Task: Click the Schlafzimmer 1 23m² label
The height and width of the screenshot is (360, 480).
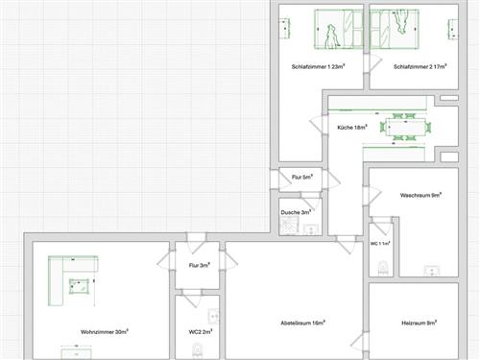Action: coord(318,66)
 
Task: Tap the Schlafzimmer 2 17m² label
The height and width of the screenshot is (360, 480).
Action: coord(420,66)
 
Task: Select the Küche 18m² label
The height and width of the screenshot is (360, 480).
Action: coord(352,127)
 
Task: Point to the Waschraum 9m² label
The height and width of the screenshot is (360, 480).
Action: coord(420,195)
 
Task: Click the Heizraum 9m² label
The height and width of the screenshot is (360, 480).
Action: coord(420,323)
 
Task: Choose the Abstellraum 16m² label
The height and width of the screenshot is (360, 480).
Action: coord(303,323)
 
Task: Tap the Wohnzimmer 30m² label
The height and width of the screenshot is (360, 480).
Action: coord(105,332)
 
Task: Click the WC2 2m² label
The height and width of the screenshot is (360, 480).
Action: coord(201,332)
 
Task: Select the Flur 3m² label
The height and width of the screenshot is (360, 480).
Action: coord(200,265)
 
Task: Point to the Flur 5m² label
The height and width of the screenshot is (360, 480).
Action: coord(302,177)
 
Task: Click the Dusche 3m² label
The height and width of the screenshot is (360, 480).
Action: coord(296,212)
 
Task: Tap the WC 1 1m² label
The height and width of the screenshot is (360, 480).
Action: coord(380,244)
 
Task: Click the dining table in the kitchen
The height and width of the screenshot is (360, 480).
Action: coord(406,127)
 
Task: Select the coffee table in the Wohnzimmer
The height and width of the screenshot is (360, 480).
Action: coord(79,286)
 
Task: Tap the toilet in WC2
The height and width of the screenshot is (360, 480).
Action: coord(198,350)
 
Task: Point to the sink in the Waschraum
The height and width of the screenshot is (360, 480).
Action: coord(432,271)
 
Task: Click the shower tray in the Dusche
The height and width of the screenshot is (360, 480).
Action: coord(289,225)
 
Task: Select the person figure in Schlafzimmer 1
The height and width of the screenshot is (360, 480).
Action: coord(332,36)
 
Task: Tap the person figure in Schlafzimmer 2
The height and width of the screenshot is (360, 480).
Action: coord(399,21)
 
